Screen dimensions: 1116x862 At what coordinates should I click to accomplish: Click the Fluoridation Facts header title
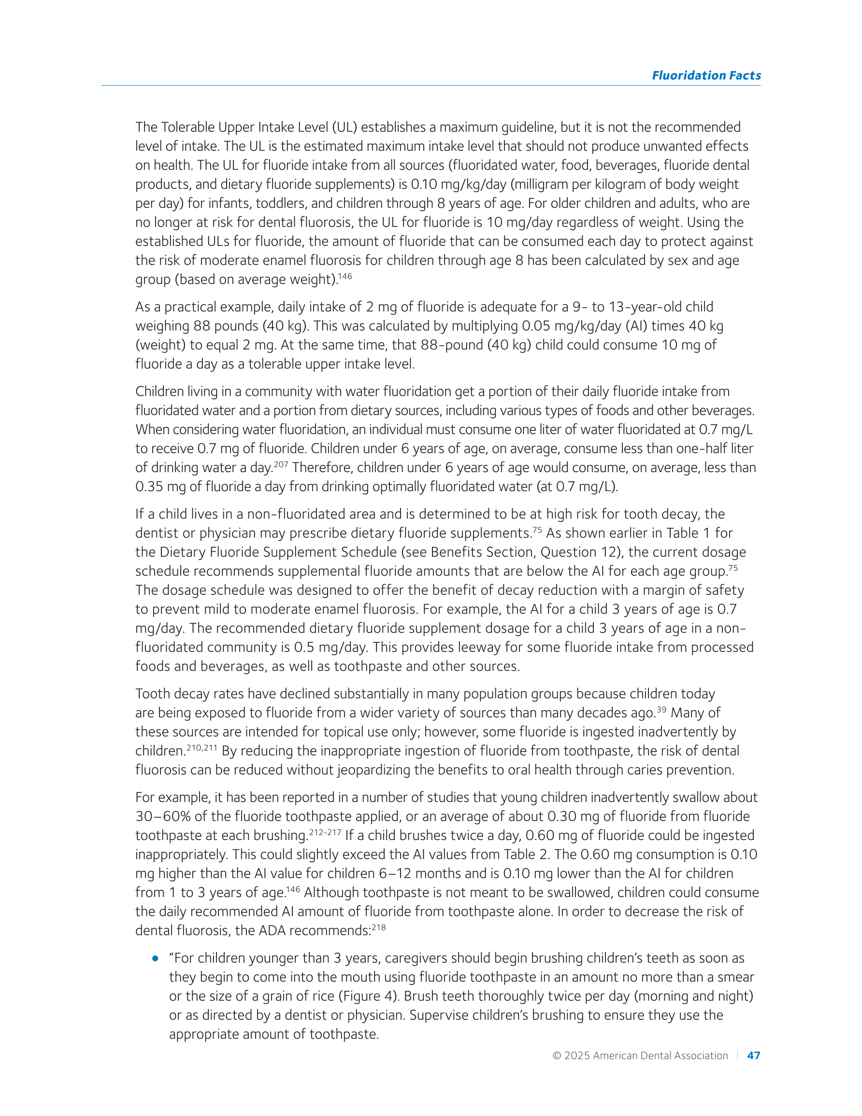point(705,75)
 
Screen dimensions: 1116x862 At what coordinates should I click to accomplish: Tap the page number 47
point(753,1055)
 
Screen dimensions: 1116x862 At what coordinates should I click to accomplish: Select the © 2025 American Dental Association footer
point(640,1055)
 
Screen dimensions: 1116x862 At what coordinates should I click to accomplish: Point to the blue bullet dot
point(155,958)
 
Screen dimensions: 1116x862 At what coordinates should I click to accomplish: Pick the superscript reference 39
point(661,709)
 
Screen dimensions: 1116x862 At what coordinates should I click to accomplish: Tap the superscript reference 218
point(379,927)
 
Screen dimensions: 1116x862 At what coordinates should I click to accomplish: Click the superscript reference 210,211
point(202,748)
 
